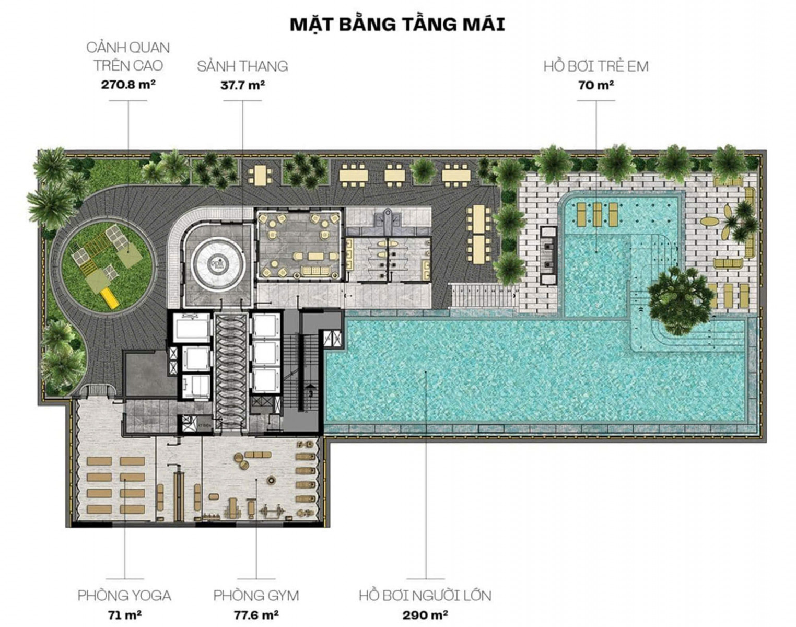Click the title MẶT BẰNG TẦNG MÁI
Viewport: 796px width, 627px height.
coord(397,25)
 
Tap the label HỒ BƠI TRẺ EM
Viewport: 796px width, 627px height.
coord(596,66)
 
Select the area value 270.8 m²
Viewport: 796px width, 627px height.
coord(128,85)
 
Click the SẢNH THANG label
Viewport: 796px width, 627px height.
coord(242,66)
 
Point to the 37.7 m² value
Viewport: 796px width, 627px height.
coord(242,86)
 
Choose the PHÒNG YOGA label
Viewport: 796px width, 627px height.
coord(124,596)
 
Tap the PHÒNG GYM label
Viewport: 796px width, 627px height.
coord(256,596)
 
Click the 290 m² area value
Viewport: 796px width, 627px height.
coord(425,615)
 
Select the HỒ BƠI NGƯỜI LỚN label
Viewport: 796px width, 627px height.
coord(425,596)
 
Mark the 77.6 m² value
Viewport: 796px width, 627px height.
coord(256,615)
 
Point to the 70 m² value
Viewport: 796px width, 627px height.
coord(596,86)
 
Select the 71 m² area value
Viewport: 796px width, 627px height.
coord(124,615)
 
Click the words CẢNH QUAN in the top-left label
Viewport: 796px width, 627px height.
coord(128,48)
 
